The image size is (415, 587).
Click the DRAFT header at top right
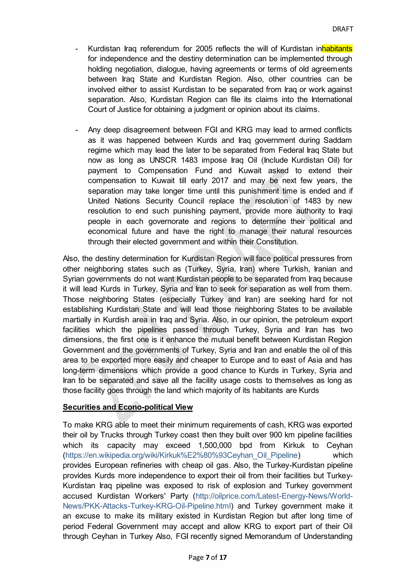pos(342,29)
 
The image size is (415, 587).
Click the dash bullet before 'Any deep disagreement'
pos(77,130)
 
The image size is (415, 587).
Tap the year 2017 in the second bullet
pos(220,180)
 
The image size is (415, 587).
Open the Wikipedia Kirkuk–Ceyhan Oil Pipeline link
pos(181,455)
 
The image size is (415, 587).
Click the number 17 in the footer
pos(223,557)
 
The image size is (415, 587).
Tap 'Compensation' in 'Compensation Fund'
pos(163,170)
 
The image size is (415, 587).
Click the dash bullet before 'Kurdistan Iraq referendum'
pos(77,49)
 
